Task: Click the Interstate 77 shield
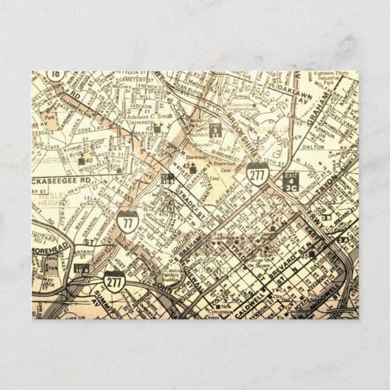point(127,222)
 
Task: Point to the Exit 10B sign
point(168,179)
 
